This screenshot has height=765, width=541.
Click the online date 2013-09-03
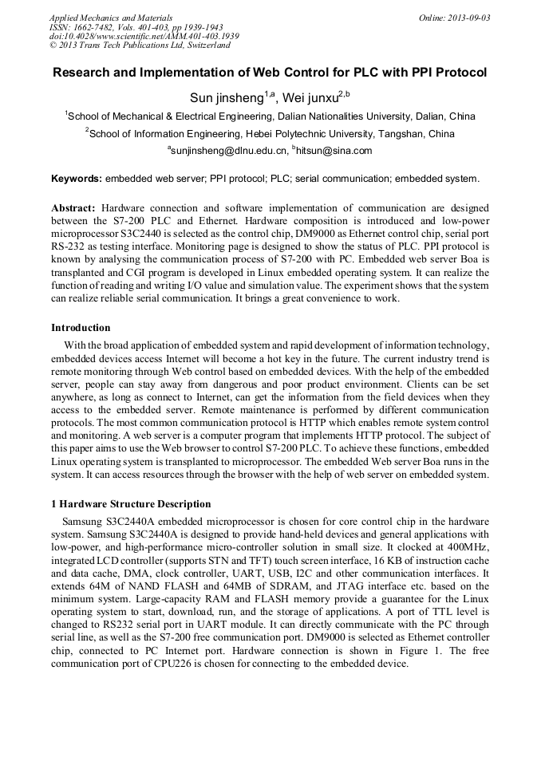pos(468,17)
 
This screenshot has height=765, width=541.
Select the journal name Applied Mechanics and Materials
pos(111,17)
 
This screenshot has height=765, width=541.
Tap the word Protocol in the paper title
pos(460,73)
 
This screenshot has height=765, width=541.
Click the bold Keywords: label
pos(77,178)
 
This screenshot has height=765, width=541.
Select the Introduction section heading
pos(81,328)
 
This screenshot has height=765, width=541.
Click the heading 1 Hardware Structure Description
pos(131,504)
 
